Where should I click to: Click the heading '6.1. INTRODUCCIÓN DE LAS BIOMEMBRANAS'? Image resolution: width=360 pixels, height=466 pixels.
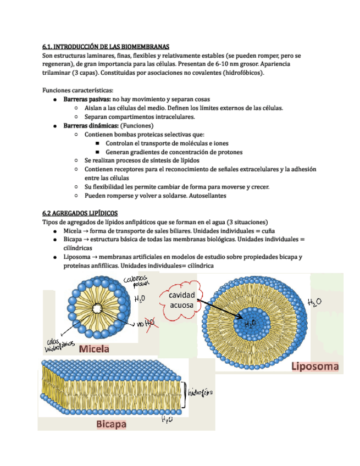click(x=106, y=47)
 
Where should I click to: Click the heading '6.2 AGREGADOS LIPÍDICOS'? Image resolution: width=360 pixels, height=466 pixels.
click(x=80, y=213)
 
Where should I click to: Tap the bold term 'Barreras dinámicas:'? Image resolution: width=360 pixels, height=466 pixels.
click(x=91, y=125)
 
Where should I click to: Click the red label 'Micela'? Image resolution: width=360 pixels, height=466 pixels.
click(x=95, y=349)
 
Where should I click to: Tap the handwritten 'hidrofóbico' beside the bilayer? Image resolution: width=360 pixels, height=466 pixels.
click(x=200, y=393)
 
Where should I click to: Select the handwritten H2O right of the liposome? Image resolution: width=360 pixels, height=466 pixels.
click(x=315, y=302)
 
